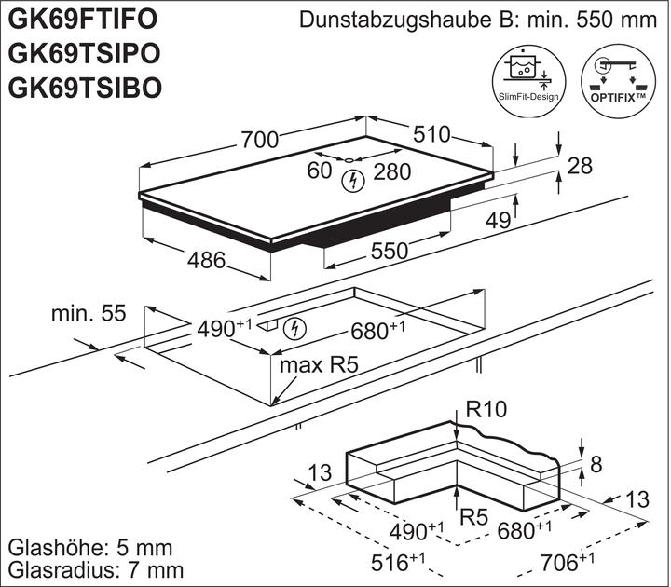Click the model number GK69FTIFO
click(x=83, y=20)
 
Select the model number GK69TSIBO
click(x=85, y=87)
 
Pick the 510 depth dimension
click(x=431, y=134)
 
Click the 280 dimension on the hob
click(x=392, y=171)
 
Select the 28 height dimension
click(x=581, y=167)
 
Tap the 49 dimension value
click(x=499, y=220)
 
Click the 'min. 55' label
click(x=88, y=314)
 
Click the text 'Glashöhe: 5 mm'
click(x=82, y=547)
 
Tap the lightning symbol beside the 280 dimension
click(x=352, y=181)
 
